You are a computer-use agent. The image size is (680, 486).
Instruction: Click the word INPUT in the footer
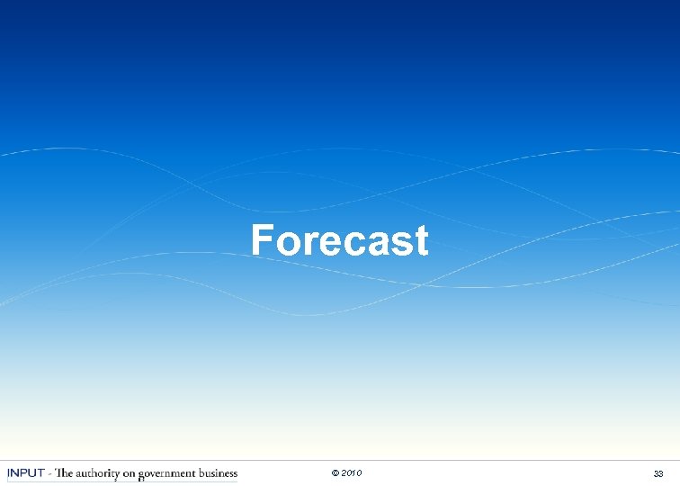26,472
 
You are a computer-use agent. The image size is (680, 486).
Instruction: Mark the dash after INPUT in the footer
50,473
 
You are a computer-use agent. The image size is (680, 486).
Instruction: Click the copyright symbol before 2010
335,472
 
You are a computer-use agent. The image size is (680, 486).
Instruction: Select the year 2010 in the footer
352,472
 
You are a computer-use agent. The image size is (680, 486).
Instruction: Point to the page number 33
658,473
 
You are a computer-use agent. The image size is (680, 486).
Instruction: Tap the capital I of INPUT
9,472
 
